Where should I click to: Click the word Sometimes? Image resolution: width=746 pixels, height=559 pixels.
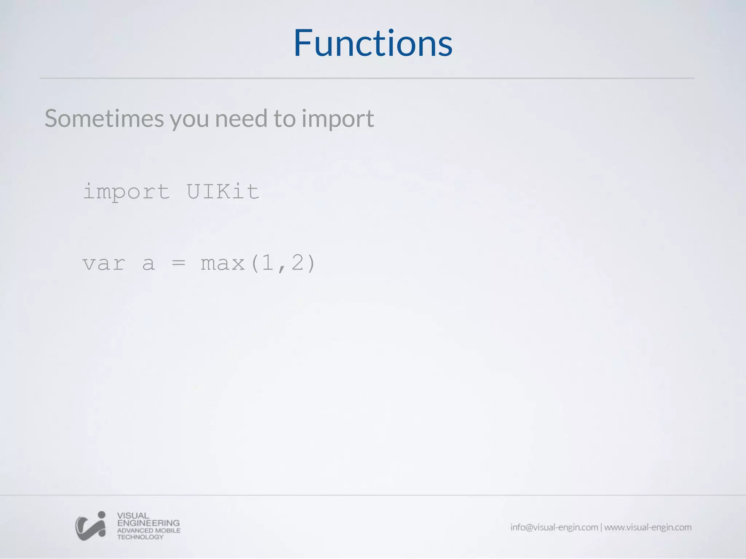tap(104, 119)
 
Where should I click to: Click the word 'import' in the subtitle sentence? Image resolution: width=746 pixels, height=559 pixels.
tap(337, 120)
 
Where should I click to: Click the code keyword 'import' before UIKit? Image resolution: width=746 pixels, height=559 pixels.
tap(126, 192)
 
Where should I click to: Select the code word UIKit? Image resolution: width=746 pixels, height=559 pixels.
tap(223, 191)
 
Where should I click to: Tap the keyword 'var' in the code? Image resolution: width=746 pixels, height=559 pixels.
tap(104, 263)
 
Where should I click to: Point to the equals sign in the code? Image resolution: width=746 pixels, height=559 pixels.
tap(178, 263)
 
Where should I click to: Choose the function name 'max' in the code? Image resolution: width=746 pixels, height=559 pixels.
tap(223, 263)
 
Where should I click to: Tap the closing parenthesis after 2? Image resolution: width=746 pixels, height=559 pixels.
tap(311, 263)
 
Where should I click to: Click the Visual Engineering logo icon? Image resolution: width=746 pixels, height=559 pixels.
tap(91, 526)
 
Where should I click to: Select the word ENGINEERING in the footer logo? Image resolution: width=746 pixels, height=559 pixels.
tap(148, 523)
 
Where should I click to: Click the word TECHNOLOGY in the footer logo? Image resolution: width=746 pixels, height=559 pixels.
tap(140, 537)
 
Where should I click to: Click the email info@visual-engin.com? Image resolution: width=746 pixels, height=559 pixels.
tap(554, 527)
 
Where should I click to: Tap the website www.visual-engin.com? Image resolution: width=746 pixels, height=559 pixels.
tap(648, 527)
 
